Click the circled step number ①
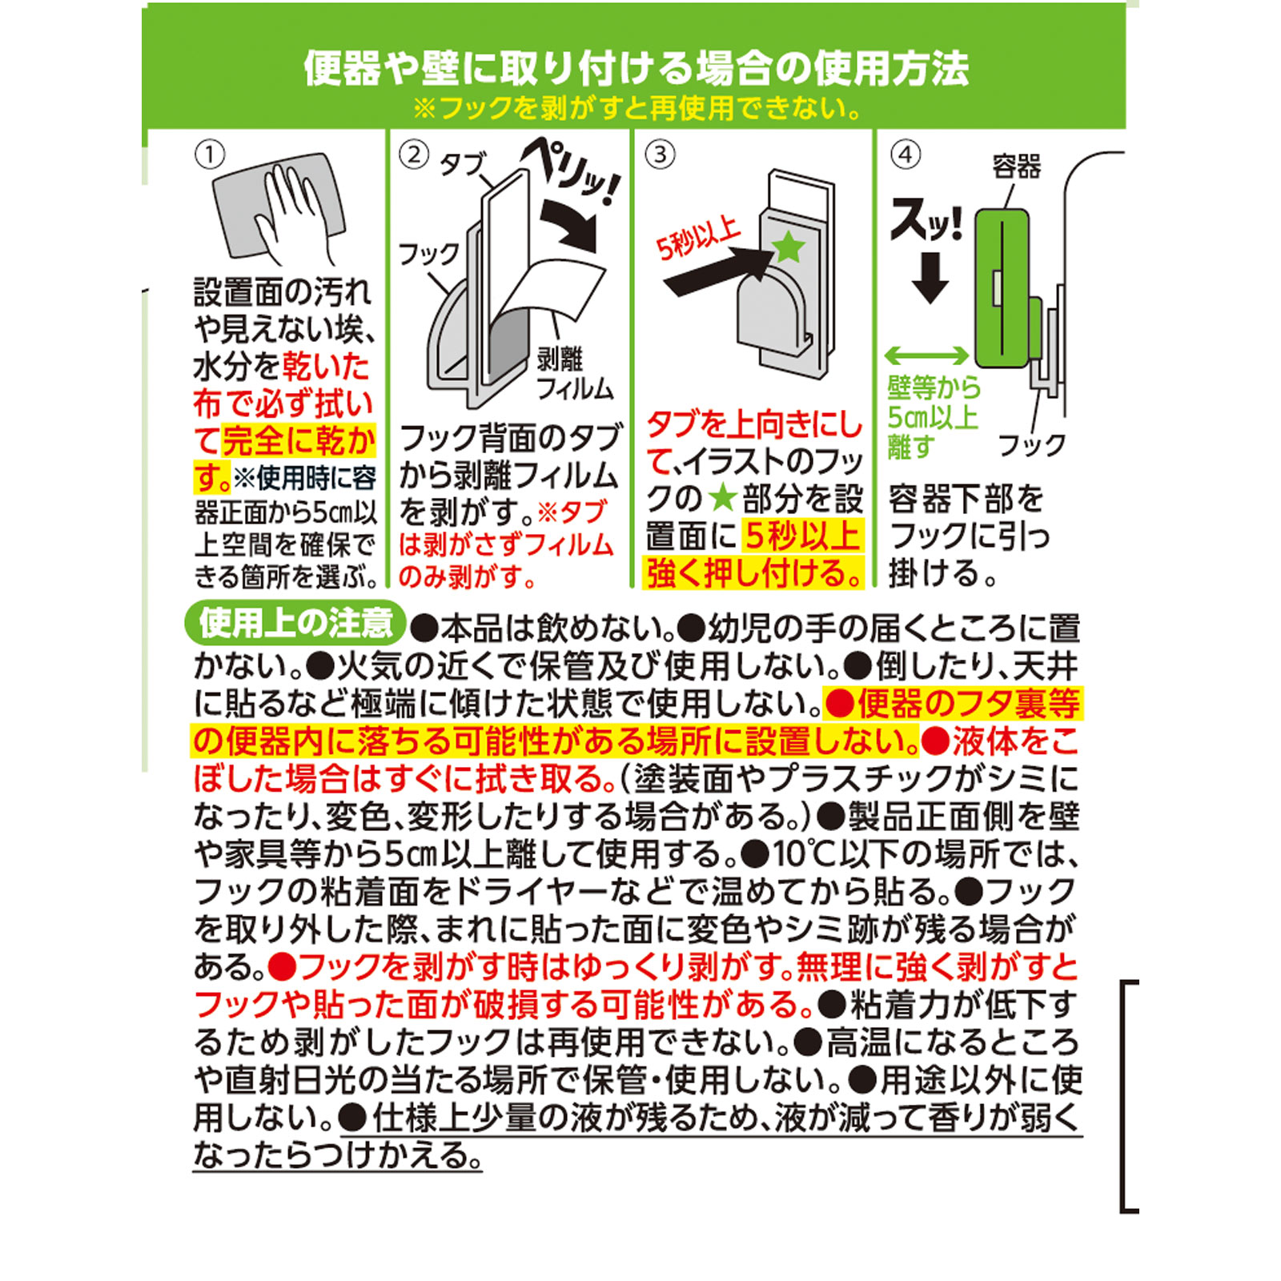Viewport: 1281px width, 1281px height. (210, 155)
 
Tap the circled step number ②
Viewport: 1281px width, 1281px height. (413, 154)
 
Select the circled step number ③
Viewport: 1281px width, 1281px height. (660, 155)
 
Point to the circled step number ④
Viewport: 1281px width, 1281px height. (906, 155)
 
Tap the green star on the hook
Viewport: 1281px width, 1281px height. (789, 247)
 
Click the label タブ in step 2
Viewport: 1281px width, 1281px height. (462, 165)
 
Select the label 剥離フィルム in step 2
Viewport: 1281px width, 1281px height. (573, 373)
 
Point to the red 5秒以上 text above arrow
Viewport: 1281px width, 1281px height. (698, 238)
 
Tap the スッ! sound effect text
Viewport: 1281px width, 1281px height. (926, 219)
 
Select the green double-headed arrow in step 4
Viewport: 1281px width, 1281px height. (926, 355)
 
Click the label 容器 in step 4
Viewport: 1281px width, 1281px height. (1016, 167)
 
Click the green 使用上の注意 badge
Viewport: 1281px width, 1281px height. (295, 623)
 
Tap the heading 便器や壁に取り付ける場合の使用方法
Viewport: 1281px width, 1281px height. (636, 67)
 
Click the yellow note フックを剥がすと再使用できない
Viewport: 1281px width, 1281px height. (637, 108)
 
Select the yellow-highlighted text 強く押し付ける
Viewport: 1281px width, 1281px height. (753, 573)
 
